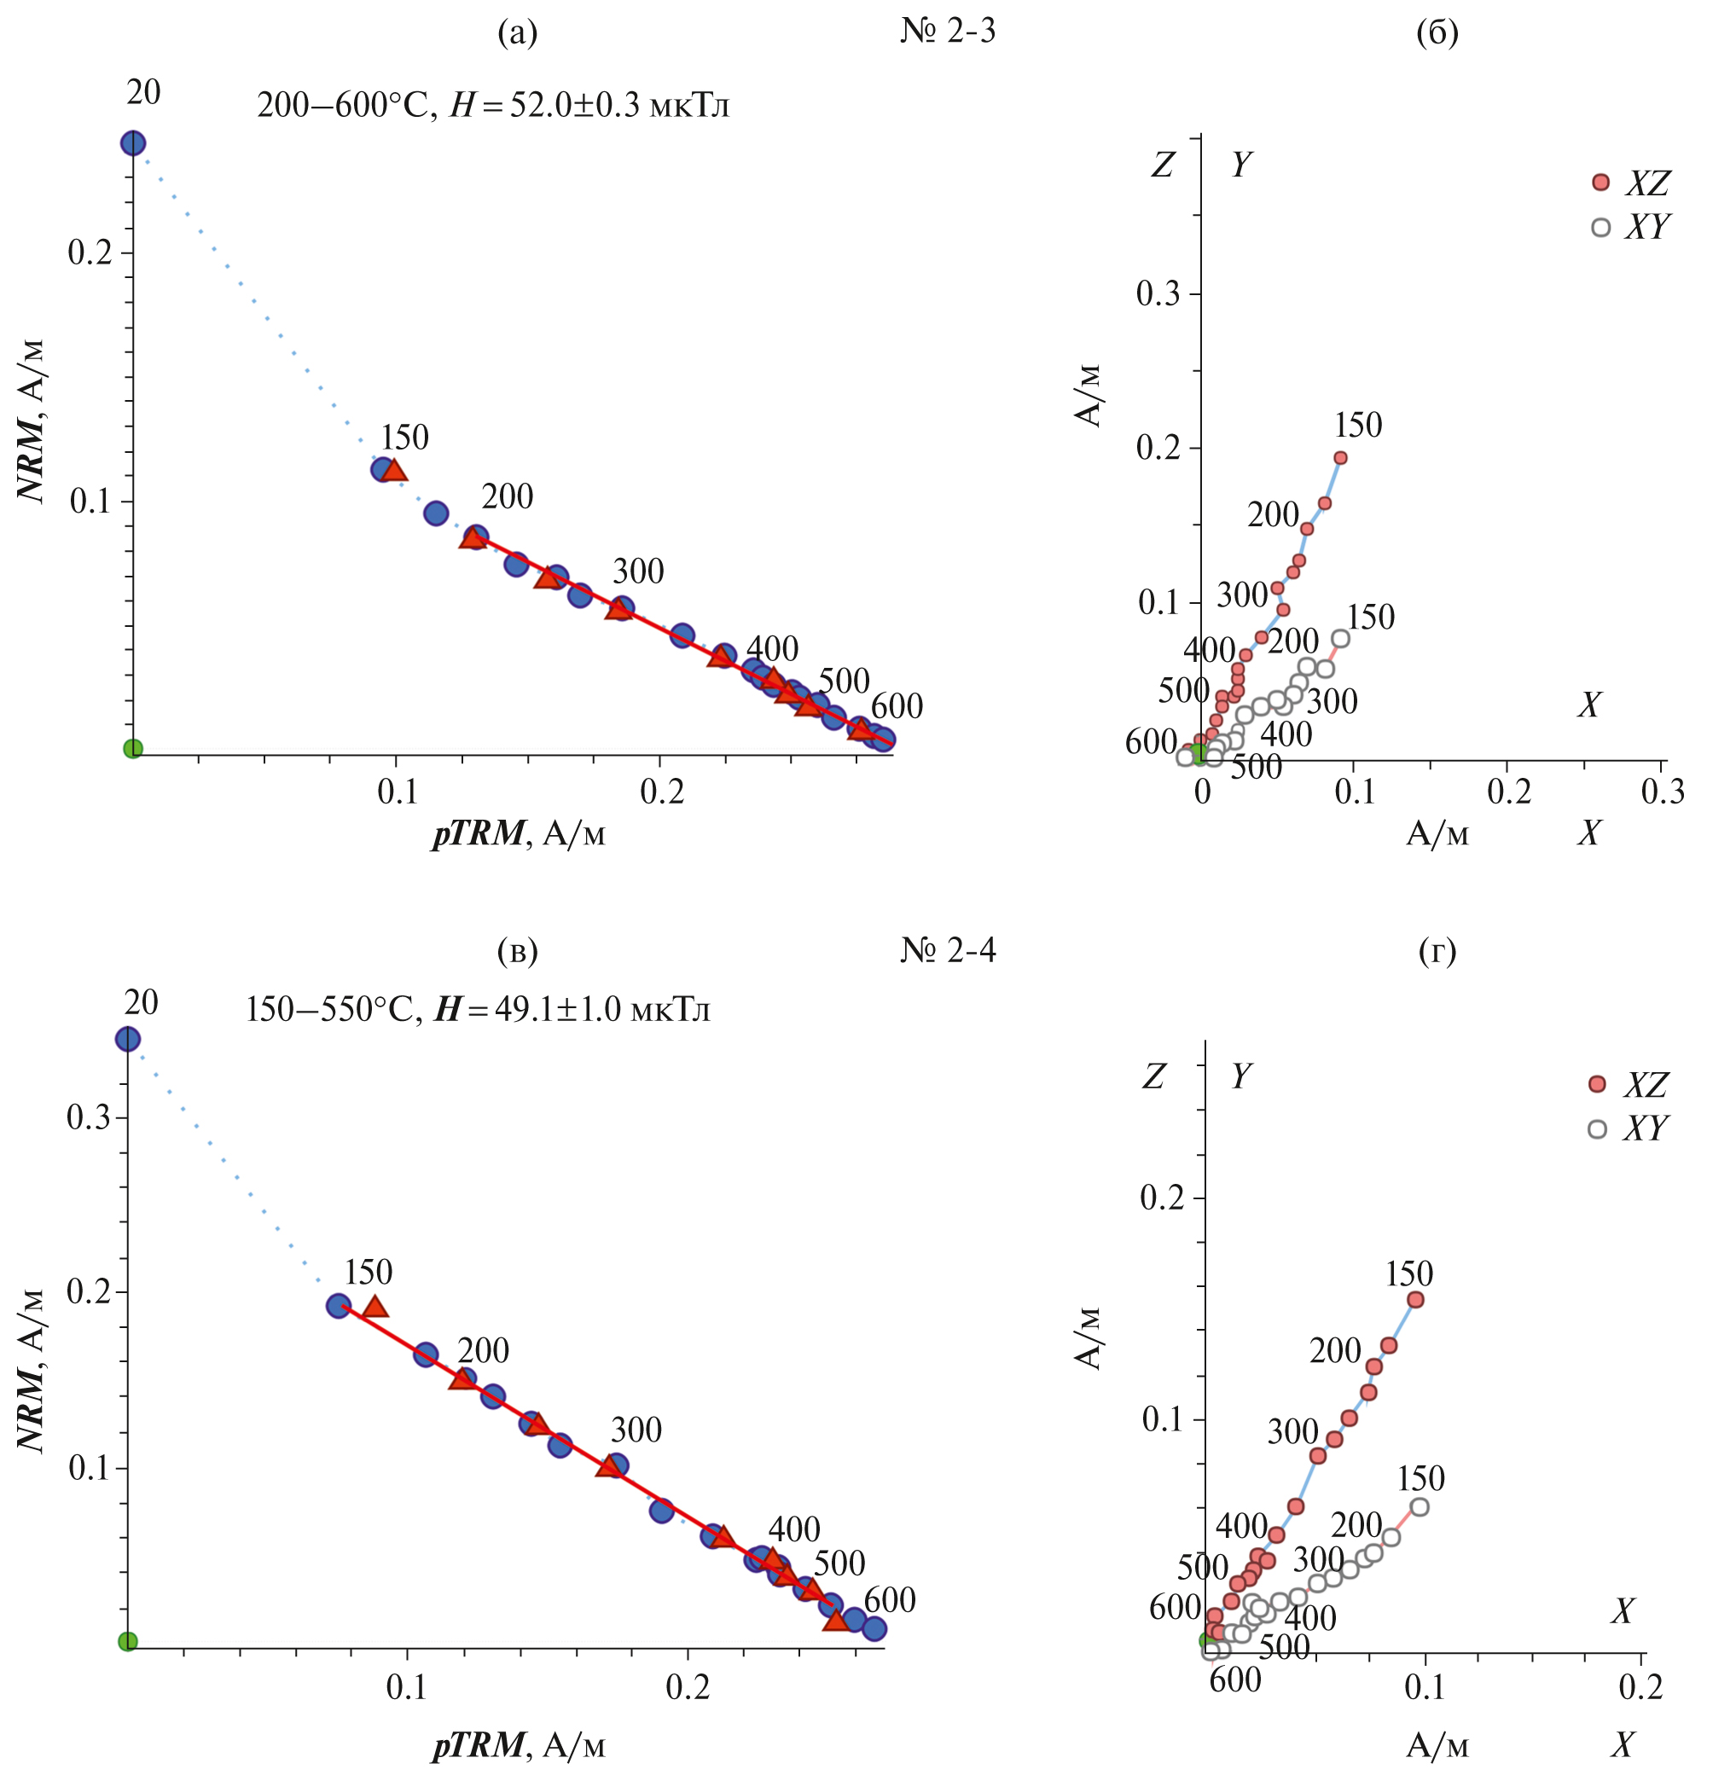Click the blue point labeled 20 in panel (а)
point(133,143)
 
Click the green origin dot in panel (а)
point(133,749)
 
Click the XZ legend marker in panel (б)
point(1600,183)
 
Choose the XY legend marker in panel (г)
point(1596,1128)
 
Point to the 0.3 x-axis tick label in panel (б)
point(1662,792)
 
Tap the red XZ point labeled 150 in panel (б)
point(1340,458)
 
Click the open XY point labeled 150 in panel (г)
point(1419,1507)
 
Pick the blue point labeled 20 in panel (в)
point(128,1039)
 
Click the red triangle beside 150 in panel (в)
point(374,1307)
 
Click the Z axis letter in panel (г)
point(1153,1076)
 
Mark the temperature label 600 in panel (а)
point(897,706)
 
